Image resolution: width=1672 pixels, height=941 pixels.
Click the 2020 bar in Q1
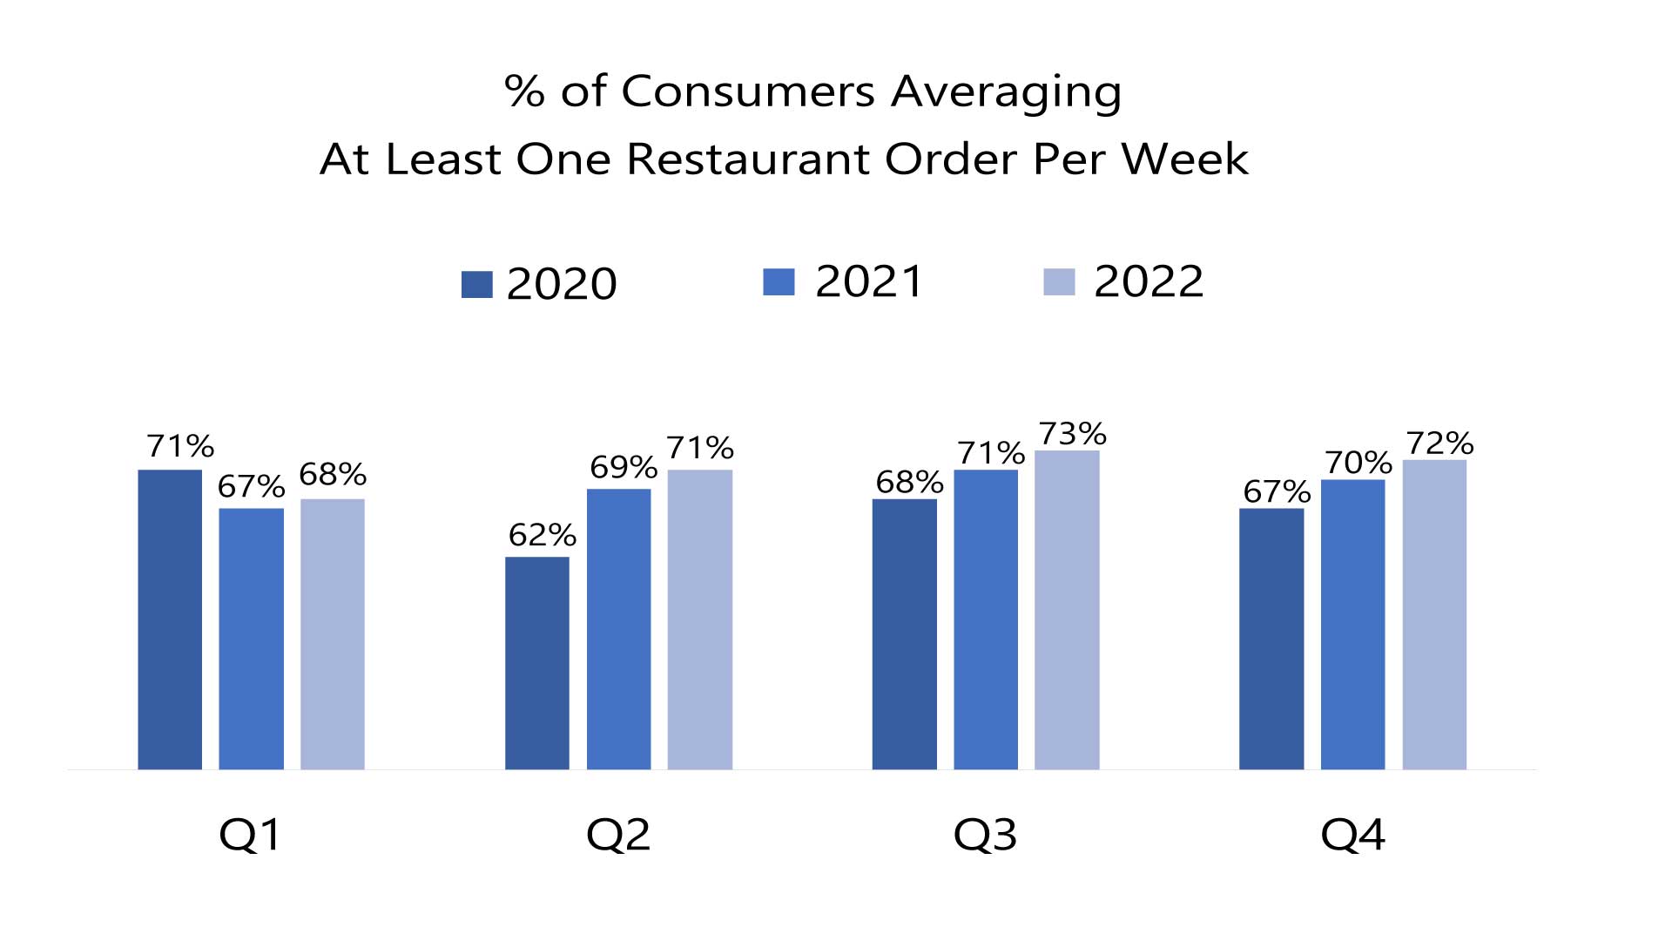point(170,619)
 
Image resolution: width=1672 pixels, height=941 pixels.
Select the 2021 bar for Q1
point(251,639)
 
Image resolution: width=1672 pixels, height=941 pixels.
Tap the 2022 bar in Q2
point(699,619)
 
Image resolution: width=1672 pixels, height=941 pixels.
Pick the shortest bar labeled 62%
point(537,663)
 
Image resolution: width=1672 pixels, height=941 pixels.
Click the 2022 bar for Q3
point(1067,610)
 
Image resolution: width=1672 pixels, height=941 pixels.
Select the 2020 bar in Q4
point(1271,639)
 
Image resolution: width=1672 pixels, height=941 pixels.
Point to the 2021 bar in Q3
point(986,619)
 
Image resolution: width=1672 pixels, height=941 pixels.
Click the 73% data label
point(1072,433)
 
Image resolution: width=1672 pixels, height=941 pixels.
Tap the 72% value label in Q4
point(1439,443)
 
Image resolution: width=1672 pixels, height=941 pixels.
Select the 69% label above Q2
point(623,468)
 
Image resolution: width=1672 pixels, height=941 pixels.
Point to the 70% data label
point(1358,463)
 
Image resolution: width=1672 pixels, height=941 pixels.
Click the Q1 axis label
point(251,835)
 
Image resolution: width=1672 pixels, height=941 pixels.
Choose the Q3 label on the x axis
point(985,835)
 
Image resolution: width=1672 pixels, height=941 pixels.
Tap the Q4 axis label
point(1352,835)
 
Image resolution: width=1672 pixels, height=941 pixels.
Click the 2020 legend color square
point(476,284)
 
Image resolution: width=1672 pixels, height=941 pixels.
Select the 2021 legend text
point(868,281)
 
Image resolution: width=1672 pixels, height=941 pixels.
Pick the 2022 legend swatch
point(1059,282)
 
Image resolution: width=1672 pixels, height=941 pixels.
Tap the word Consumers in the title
point(748,91)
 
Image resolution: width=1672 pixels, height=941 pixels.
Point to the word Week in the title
point(1184,159)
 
